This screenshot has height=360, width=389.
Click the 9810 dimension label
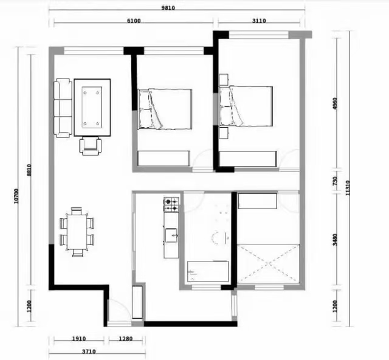pos(168,8)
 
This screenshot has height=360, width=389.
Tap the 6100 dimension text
pos(134,21)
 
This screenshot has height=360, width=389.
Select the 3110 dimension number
pos(259,21)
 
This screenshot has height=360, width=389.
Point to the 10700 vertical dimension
pos(16,196)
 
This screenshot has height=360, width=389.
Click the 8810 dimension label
pos(29,170)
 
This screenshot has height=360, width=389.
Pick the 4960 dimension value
pos(335,104)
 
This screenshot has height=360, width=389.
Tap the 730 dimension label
pos(335,181)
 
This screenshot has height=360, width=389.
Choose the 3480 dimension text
pos(335,240)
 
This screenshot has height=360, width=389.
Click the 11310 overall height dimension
pos(348,188)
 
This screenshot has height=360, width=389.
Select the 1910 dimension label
pos(79,339)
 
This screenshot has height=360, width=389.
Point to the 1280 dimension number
pos(126,339)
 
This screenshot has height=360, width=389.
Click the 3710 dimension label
pos(89,351)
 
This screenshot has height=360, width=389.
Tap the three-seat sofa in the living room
pos(63,108)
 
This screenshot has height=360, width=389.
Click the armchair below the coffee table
pos(91,147)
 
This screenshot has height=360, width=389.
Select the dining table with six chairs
pos(77,232)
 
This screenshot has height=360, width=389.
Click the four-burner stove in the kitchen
pos(171,204)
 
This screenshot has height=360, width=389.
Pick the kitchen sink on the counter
pos(171,235)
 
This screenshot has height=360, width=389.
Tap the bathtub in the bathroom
pos(208,271)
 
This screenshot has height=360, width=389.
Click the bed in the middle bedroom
pos(165,109)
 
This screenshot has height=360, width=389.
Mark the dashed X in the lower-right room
pos(269,264)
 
